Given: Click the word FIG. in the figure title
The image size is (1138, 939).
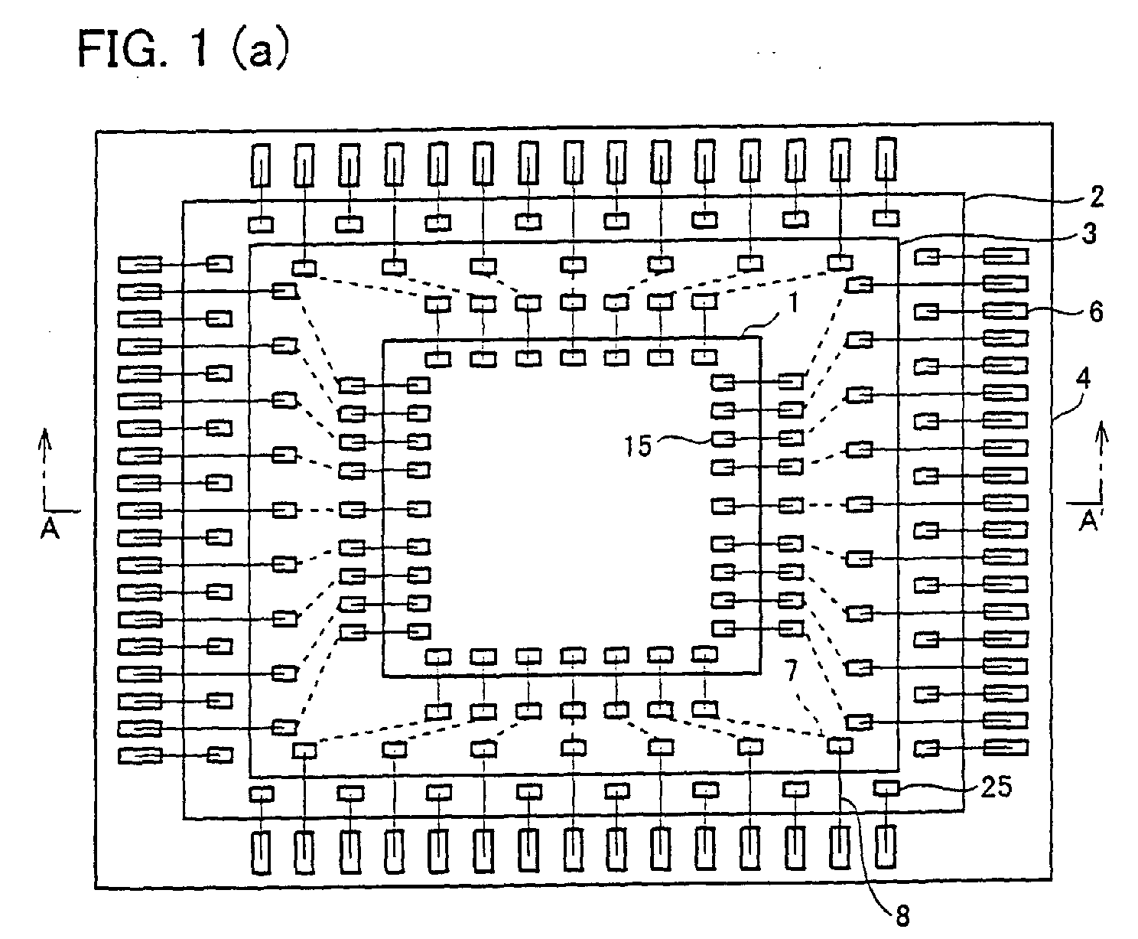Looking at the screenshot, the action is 124,48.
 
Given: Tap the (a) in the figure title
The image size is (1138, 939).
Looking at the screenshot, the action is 260,48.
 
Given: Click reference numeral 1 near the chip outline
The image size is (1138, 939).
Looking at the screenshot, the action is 794,302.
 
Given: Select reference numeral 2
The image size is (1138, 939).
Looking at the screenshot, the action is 1097,197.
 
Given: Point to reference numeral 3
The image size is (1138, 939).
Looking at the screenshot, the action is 1089,233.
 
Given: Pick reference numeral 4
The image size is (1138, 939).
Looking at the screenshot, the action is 1084,378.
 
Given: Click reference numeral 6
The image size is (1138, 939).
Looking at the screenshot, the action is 1096,312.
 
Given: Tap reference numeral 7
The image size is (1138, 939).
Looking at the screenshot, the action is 792,670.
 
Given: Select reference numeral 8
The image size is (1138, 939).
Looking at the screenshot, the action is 902,915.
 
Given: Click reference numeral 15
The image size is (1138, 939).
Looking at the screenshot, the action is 637,446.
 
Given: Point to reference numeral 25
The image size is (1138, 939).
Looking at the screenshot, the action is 997,787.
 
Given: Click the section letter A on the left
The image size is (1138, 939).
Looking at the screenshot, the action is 50,528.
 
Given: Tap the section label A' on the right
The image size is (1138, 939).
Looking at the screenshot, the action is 1089,520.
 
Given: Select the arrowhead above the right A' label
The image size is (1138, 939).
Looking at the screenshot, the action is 1101,431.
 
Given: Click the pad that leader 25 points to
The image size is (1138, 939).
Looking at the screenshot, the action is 886,788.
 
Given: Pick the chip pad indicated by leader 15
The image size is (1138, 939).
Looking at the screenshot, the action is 723,439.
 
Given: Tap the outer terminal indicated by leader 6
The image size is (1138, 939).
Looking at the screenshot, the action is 1006,311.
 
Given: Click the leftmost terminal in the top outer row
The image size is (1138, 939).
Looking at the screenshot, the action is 261,164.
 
